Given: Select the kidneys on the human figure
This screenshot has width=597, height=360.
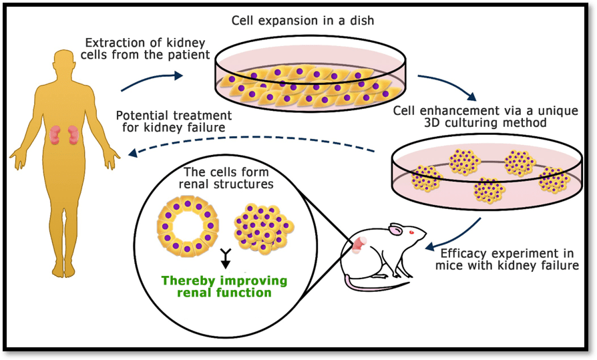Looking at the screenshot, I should click(65, 134).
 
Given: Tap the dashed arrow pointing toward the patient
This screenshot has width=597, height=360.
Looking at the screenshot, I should click(254, 142).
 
